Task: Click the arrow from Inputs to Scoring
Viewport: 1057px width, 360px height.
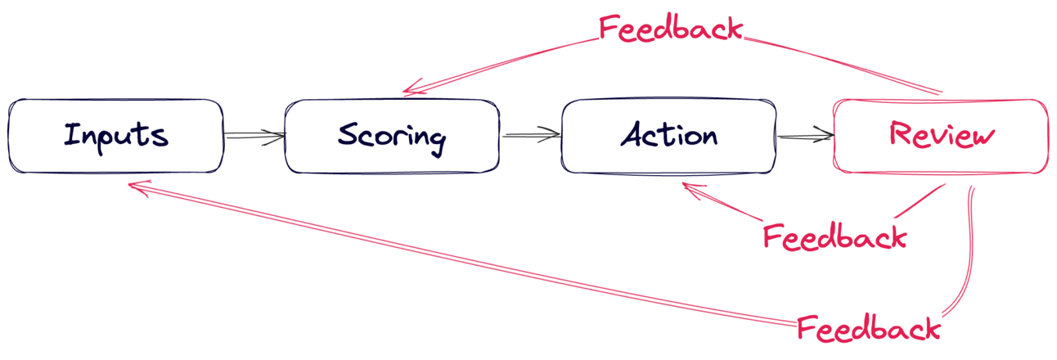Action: tap(254, 136)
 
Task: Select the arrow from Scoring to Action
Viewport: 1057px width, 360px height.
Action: tap(530, 136)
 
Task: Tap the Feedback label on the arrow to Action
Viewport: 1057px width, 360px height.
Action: tap(834, 237)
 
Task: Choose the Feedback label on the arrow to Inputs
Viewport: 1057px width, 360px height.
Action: tap(868, 330)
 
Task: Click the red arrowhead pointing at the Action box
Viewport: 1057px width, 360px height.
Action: tap(692, 191)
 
